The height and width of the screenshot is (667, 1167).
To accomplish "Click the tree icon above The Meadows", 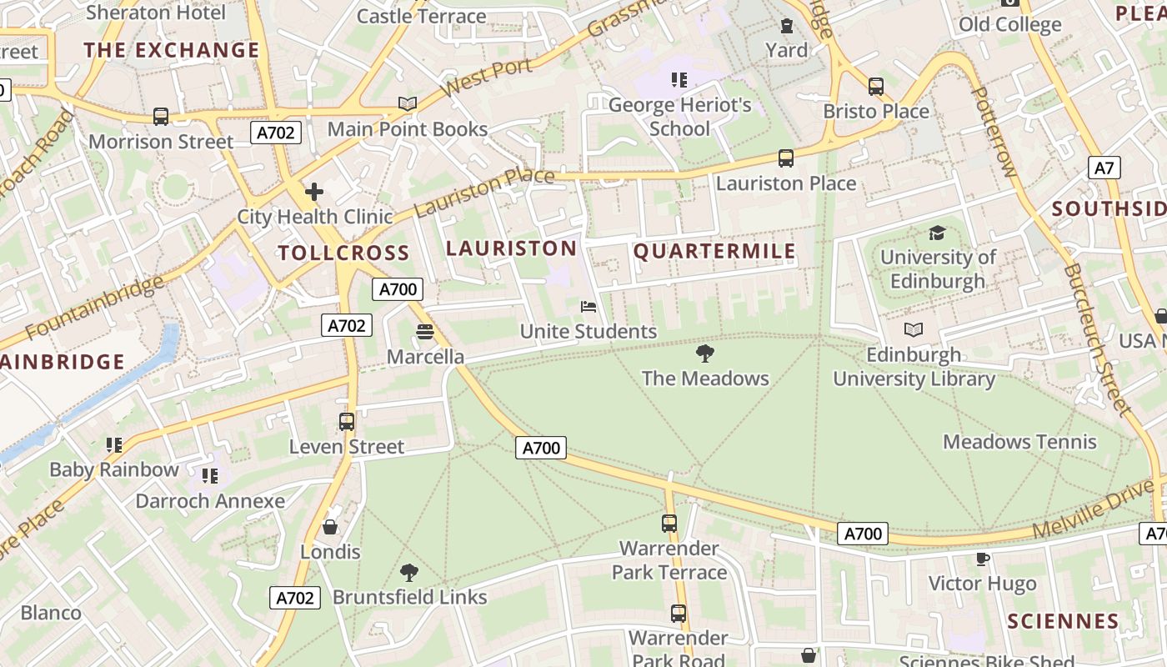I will (705, 354).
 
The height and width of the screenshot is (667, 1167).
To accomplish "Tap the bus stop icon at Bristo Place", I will (875, 87).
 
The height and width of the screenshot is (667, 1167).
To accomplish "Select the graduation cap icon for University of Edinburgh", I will (937, 233).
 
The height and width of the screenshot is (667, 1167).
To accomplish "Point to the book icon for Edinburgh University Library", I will (914, 330).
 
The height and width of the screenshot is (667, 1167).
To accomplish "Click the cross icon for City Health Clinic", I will (314, 193).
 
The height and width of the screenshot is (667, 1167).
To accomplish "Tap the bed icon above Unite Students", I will (589, 307).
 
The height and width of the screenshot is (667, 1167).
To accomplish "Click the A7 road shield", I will (1104, 168).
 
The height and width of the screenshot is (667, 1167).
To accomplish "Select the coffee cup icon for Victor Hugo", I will (982, 559).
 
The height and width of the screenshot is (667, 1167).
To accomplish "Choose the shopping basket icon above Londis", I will (330, 527).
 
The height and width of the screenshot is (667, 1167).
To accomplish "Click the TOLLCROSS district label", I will (343, 253).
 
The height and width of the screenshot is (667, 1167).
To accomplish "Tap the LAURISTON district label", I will (511, 248).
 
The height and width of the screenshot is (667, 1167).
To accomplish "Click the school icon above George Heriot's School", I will (679, 80).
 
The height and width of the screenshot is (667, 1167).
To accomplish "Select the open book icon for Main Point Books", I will (407, 104).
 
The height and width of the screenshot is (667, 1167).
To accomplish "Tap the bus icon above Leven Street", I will (347, 422).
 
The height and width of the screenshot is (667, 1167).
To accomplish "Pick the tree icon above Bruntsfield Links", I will (408, 573).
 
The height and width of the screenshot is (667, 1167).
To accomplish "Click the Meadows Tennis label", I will (1019, 442).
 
